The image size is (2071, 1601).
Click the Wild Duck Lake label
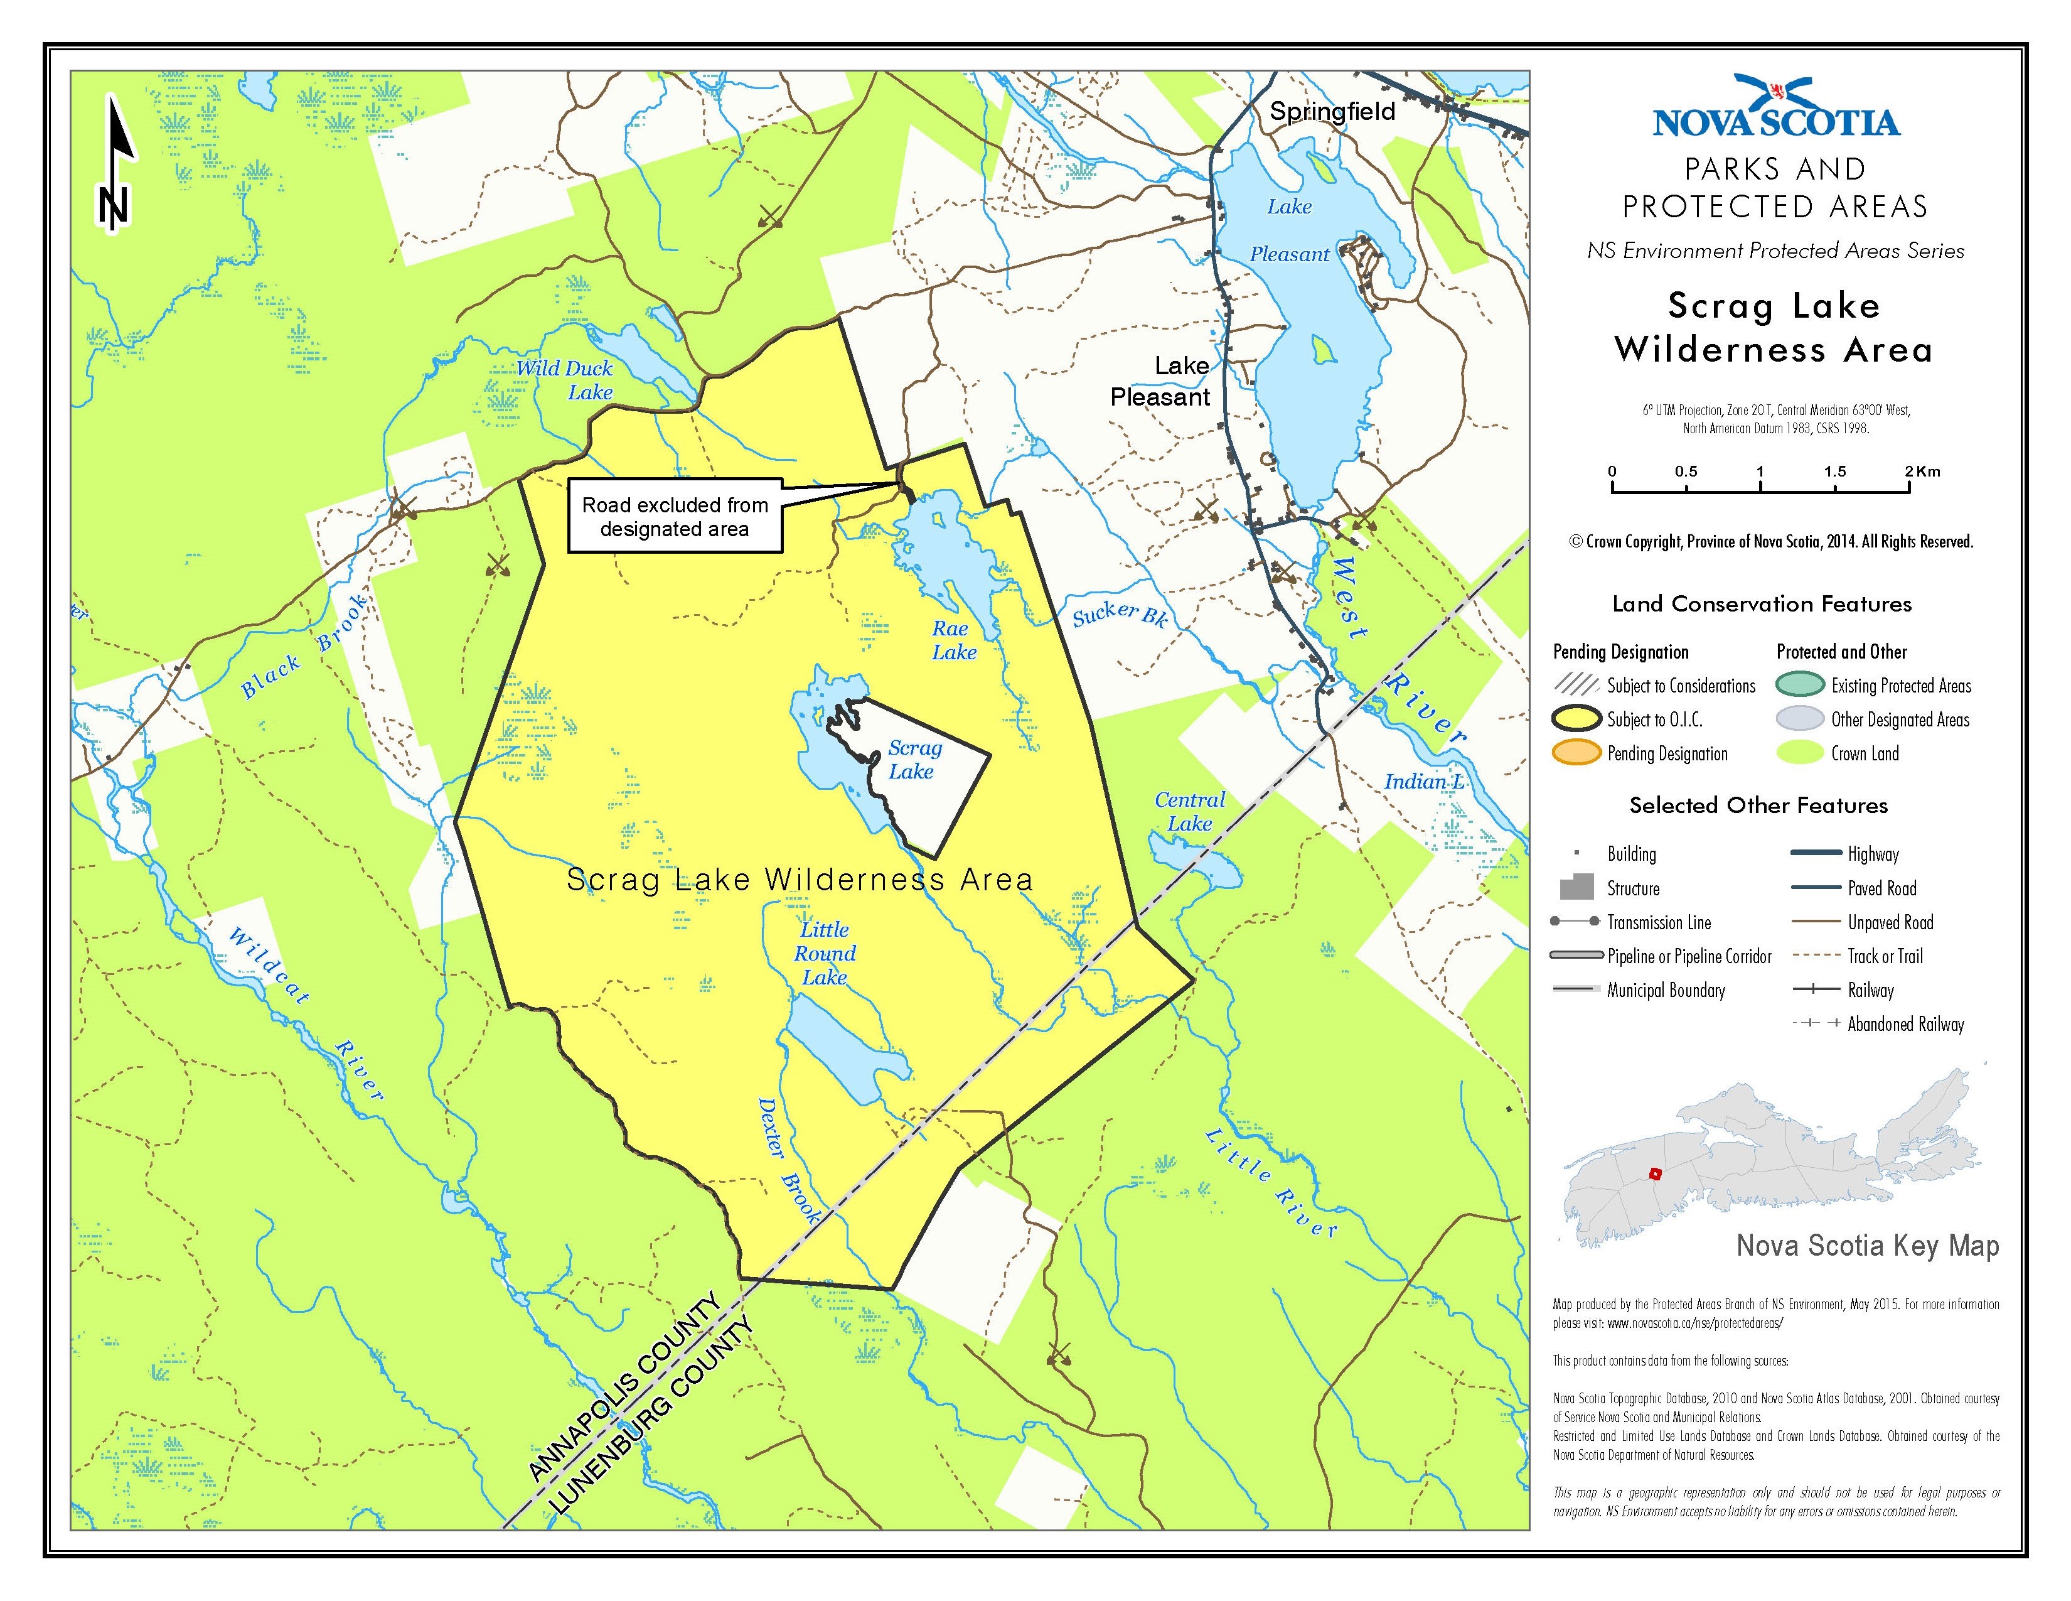click(x=565, y=379)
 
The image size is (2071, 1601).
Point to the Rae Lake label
click(x=953, y=640)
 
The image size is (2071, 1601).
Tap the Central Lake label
click(x=1189, y=812)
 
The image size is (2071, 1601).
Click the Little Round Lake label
click(x=824, y=953)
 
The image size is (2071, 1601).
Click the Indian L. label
click(x=1425, y=782)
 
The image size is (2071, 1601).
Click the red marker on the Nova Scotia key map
click(x=1656, y=1173)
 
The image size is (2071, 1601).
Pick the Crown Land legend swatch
click(x=1799, y=753)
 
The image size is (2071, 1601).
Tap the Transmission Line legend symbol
click(x=1575, y=922)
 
